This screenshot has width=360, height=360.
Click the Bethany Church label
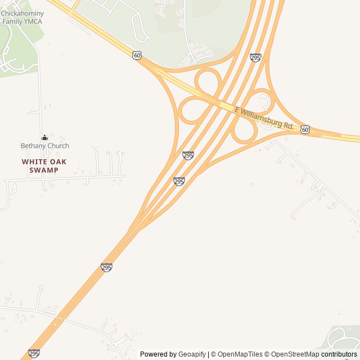(x=45, y=146)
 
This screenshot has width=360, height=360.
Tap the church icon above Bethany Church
(x=44, y=137)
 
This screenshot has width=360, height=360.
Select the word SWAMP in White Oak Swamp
(x=44, y=170)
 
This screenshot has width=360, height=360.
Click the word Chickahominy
(x=22, y=13)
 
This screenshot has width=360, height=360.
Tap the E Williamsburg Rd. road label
(x=264, y=119)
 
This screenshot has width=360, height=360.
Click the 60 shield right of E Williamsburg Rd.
(x=305, y=129)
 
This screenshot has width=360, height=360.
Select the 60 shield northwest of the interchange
(x=137, y=55)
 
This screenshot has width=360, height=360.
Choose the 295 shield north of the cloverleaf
(x=255, y=57)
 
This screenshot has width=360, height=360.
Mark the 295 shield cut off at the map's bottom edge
(x=34, y=353)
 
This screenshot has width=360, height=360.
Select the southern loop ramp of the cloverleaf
(x=245, y=130)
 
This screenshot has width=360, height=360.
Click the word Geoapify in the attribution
(x=192, y=354)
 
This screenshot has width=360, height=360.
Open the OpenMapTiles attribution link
(x=240, y=354)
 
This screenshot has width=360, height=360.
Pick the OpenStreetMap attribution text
(x=295, y=354)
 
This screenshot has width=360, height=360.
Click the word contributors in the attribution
(x=339, y=354)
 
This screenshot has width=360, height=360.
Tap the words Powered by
(x=158, y=354)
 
